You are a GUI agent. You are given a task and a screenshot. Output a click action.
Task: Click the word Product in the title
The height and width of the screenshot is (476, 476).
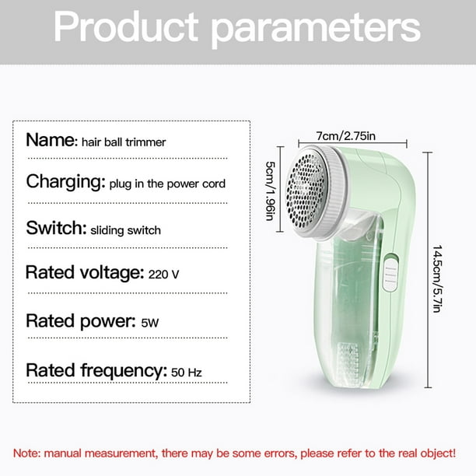tap(126, 26)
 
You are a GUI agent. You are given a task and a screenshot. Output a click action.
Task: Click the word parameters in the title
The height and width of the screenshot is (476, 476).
tap(316, 30)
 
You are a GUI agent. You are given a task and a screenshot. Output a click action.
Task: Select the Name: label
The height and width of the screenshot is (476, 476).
tap(52, 140)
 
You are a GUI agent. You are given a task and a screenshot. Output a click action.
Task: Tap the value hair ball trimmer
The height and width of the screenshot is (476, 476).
tap(124, 142)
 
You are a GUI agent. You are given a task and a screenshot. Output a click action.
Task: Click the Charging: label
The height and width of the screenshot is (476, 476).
tap(65, 182)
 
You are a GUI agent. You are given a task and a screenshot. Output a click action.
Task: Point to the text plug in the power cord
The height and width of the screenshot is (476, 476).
tap(167, 184)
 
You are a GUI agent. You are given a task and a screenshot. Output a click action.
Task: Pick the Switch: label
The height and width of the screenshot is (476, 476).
tap(57, 228)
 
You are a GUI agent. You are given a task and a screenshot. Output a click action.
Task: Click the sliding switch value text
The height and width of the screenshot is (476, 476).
tap(126, 230)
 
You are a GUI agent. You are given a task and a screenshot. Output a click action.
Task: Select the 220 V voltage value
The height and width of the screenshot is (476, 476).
tap(163, 275)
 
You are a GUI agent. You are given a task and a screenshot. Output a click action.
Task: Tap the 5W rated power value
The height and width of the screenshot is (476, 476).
tap(150, 323)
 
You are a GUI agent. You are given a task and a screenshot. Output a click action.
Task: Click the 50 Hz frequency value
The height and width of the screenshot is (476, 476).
tap(187, 373)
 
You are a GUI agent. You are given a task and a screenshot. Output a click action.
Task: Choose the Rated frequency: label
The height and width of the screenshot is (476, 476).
tap(96, 371)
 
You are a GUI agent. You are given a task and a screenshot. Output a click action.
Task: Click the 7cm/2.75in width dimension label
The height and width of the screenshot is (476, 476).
tap(346, 135)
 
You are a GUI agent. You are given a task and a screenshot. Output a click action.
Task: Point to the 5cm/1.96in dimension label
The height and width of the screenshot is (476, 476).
tap(270, 191)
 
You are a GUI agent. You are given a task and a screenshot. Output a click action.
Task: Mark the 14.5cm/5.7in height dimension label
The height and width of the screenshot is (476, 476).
tap(437, 278)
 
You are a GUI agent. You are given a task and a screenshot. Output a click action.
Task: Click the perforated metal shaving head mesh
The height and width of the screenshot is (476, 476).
tap(306, 191)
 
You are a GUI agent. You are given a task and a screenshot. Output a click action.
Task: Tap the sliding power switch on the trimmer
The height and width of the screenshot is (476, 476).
tap(390, 273)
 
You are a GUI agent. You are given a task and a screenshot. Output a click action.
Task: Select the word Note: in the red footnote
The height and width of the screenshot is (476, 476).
tap(26, 453)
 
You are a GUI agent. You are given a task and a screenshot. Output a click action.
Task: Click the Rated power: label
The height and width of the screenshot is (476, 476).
tap(81, 321)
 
